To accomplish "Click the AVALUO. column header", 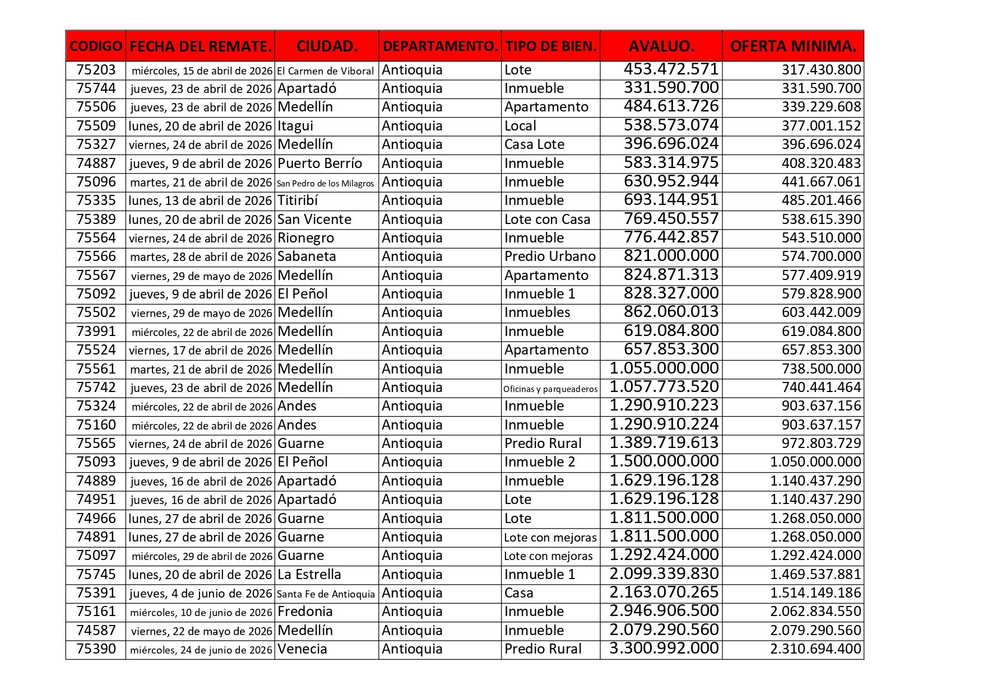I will (661, 46).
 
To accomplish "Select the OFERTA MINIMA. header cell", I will (792, 46).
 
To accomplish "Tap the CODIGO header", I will (96, 46).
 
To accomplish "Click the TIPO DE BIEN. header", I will (550, 46).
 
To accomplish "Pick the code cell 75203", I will (96, 70).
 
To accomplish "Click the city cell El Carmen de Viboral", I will (325, 71).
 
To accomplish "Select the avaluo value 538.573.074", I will (671, 125).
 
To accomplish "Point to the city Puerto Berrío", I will (319, 164).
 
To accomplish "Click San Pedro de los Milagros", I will (325, 183).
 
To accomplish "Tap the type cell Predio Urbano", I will (550, 256).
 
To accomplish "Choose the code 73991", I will (96, 332).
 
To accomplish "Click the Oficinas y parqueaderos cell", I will (550, 389).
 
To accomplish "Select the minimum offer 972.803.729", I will (821, 444).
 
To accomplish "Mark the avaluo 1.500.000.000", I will (664, 461).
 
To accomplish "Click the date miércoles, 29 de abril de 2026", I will (202, 556).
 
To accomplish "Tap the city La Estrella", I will (309, 575).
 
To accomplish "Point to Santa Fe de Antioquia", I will (326, 594).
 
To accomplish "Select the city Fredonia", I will (305, 612).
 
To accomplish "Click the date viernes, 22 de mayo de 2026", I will (202, 631).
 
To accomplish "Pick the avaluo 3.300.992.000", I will (664, 649).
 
